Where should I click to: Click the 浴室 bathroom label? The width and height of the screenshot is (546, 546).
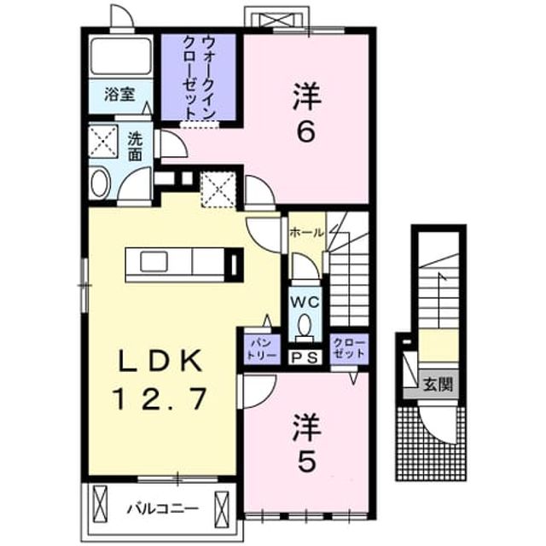(x=119, y=95)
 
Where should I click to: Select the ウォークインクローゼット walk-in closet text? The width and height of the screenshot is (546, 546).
(x=199, y=78)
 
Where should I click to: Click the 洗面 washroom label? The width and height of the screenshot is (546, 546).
(x=135, y=146)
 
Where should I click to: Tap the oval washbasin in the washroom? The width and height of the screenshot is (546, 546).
(x=100, y=183)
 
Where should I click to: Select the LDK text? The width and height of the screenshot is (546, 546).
(x=160, y=361)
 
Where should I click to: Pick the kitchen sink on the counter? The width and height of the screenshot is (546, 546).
(x=154, y=262)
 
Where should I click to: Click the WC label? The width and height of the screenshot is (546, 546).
(x=305, y=302)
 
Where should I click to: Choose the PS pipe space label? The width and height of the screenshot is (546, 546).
(x=305, y=357)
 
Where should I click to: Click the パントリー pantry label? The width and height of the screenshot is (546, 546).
(x=262, y=349)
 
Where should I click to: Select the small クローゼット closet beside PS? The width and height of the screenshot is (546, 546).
(x=349, y=348)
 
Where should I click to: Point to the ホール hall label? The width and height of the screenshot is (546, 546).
(x=307, y=232)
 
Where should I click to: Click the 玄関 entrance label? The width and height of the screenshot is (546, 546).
(x=438, y=384)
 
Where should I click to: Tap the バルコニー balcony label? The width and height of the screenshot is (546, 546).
(x=163, y=509)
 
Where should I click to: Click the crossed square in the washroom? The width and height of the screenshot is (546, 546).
(x=103, y=142)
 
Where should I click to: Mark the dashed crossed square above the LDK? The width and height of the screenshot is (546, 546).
(x=218, y=189)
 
